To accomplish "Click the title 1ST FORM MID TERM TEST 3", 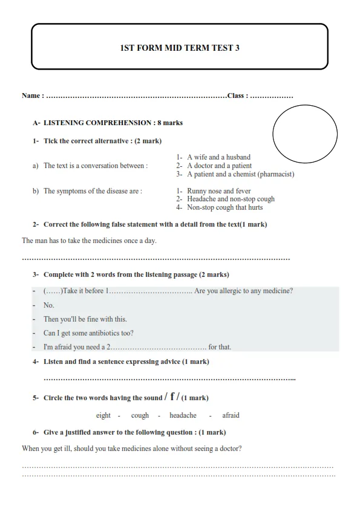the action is tap(180, 48).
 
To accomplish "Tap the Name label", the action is tap(32, 96).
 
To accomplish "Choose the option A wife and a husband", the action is tap(218, 157).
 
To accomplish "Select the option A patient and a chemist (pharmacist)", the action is tap(240, 174).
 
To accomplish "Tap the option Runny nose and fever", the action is tap(218, 191).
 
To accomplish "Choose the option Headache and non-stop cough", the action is tap(231, 199).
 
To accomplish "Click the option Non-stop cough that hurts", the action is tap(224, 207).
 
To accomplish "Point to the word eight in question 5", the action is tap(103, 415).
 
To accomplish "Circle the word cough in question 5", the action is tap(140, 415).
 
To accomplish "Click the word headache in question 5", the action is tap(183, 415).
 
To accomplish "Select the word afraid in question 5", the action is tap(231, 415).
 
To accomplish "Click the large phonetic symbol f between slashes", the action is tap(172, 397).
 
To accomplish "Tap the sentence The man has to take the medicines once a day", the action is tap(89, 241).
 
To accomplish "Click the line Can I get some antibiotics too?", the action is tap(88, 333).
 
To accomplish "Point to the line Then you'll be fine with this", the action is tap(85, 319).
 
